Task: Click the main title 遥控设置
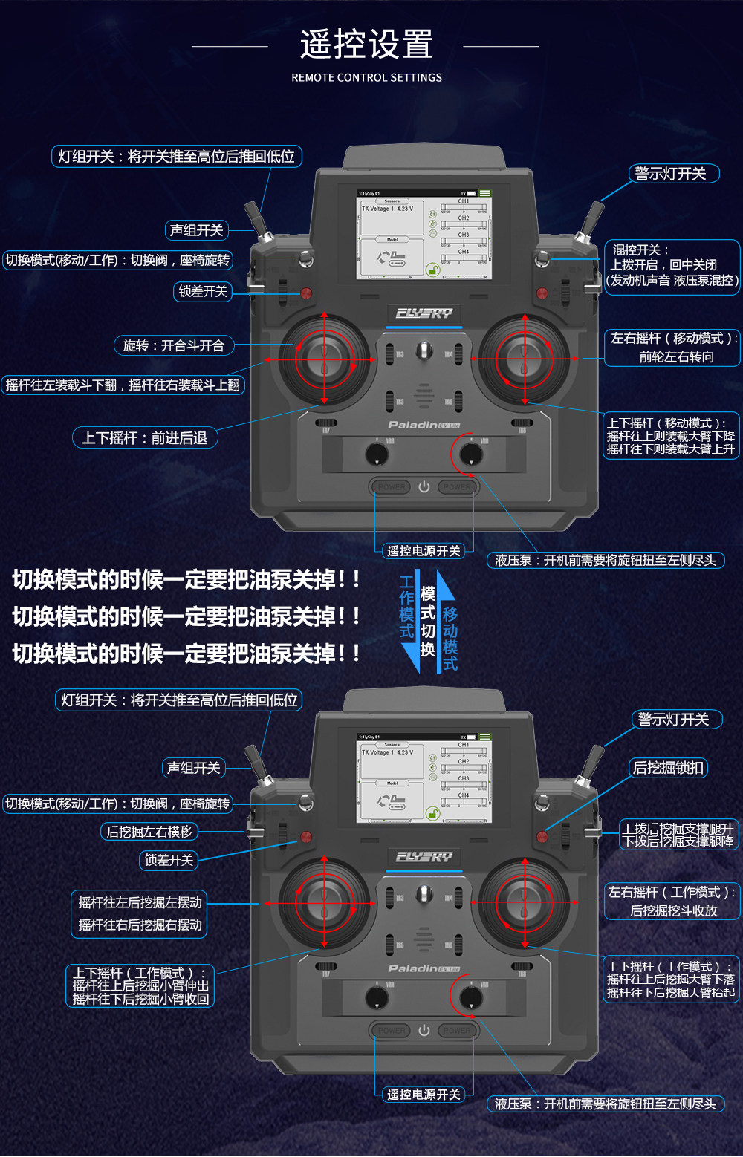tap(366, 45)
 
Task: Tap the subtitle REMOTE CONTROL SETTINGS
tap(366, 77)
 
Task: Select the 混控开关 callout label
tap(672, 266)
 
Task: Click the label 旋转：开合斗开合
tap(174, 345)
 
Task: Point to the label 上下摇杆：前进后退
tap(145, 438)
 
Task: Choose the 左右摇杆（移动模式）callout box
tap(672, 348)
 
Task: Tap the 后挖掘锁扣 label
tap(667, 768)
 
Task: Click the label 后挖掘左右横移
tap(149, 832)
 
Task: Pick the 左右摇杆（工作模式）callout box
tap(672, 902)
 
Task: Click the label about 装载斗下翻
tap(123, 385)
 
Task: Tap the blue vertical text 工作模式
tap(406, 607)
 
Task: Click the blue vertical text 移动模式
tap(450, 639)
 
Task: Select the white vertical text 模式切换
tap(428, 621)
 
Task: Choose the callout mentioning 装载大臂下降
tap(670, 436)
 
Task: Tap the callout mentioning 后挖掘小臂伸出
tap(140, 985)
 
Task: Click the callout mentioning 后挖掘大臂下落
tap(670, 980)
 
